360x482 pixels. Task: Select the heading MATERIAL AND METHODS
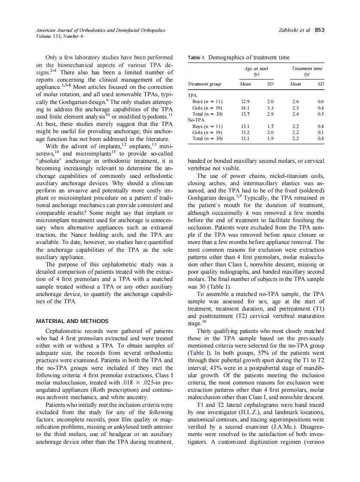72,321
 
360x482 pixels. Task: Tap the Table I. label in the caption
197,58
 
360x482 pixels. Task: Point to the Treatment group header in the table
204,84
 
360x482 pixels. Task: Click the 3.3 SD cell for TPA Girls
270,108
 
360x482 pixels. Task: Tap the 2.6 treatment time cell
295,102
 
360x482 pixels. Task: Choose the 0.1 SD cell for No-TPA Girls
320,132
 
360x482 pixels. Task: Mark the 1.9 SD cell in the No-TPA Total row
270,138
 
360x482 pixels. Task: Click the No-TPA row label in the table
196,120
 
